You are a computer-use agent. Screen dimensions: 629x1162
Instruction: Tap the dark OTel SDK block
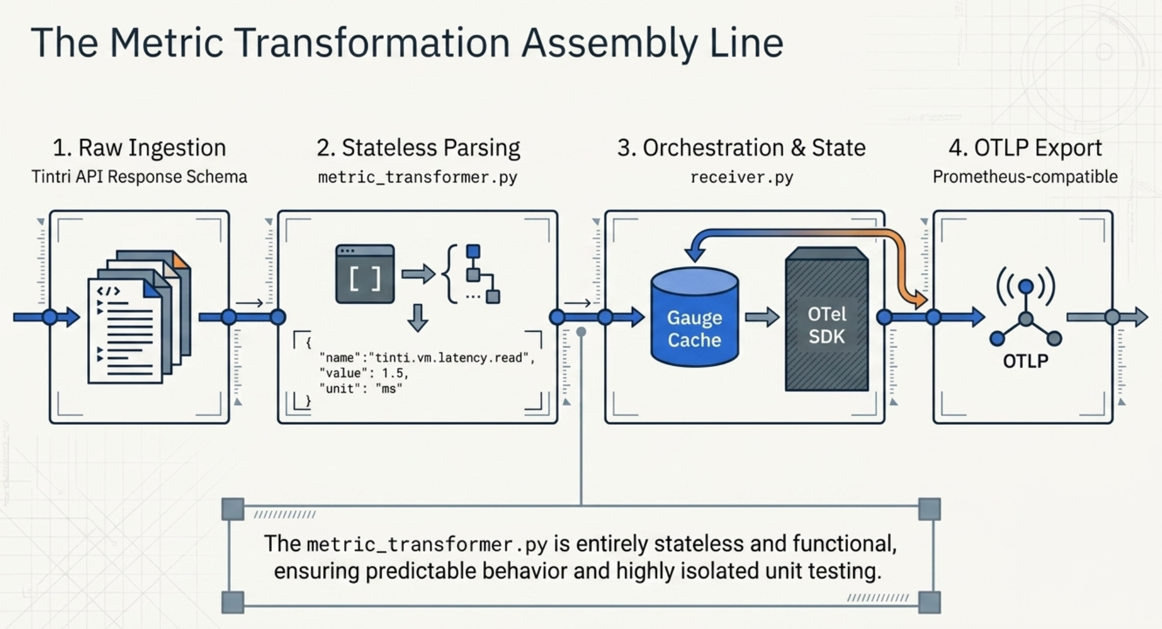[x=827, y=321]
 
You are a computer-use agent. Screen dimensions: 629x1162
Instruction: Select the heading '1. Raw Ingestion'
[x=139, y=148]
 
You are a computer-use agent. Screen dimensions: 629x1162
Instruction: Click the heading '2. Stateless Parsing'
[x=418, y=148]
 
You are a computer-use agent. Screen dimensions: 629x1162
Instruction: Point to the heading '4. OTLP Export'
[x=1025, y=148]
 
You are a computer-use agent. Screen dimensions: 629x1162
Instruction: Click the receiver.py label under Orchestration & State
[x=742, y=177]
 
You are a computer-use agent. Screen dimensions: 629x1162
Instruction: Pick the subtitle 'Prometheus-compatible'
[x=1025, y=177]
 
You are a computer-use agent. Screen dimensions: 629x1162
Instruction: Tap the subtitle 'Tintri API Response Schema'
[x=139, y=177]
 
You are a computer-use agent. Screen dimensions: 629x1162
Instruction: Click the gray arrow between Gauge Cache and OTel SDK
[x=762, y=317]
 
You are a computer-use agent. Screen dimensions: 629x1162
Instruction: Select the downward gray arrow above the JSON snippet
[x=417, y=317]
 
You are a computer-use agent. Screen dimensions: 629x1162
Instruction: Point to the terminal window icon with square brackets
[x=365, y=274]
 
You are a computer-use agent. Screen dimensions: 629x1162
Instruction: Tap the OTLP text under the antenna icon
[x=1025, y=361]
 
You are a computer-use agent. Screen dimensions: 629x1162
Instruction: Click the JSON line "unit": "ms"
[x=361, y=389]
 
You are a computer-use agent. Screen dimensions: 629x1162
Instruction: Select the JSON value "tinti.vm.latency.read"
[x=451, y=358]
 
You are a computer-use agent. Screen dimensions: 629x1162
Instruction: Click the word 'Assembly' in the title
[x=609, y=43]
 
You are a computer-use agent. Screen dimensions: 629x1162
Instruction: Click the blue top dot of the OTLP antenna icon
[x=1026, y=286]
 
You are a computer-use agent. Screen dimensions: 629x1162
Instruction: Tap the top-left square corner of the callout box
[x=233, y=510]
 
